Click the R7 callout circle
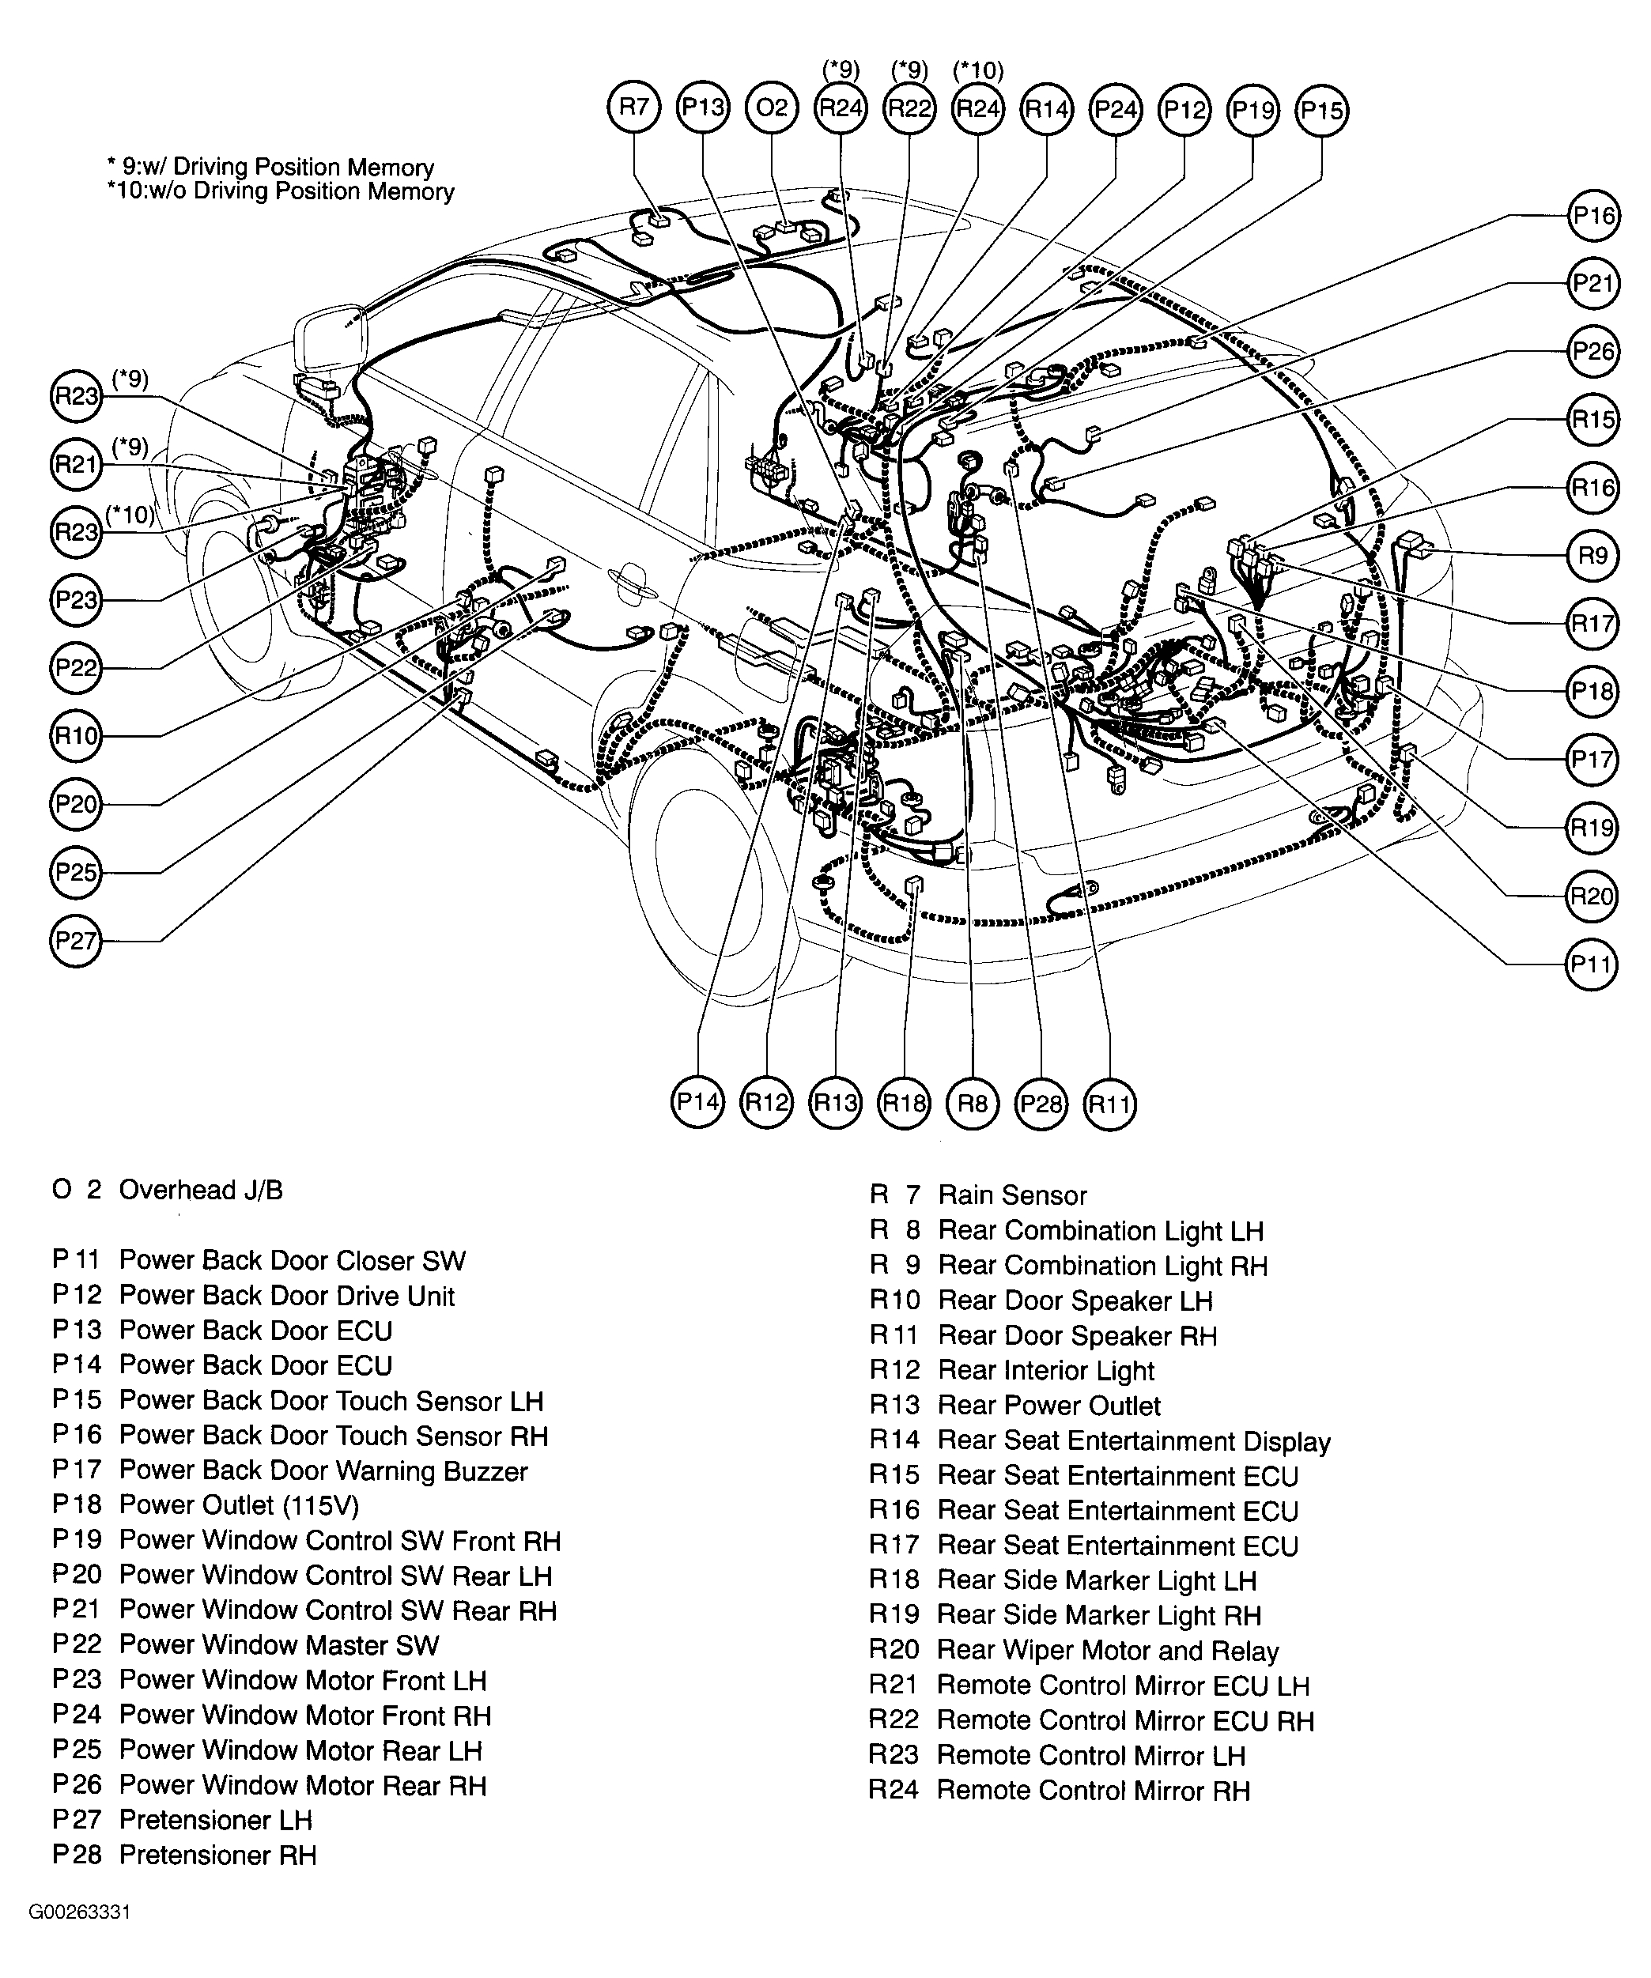coord(634,108)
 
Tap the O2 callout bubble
coord(772,108)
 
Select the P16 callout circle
coord(1592,217)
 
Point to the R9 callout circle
coord(1592,556)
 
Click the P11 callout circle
coord(1592,964)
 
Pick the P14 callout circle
coord(698,1103)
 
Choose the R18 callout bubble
coord(904,1103)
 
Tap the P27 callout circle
coord(75,941)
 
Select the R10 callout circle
coord(75,736)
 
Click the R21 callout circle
coord(75,464)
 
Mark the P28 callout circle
coord(1041,1103)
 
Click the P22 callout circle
coord(75,668)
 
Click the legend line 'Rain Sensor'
coord(1011,1196)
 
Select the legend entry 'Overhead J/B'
coord(200,1191)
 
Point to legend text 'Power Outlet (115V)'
coord(240,1505)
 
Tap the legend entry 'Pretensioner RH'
coord(217,1855)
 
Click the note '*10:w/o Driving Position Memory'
coord(281,192)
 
